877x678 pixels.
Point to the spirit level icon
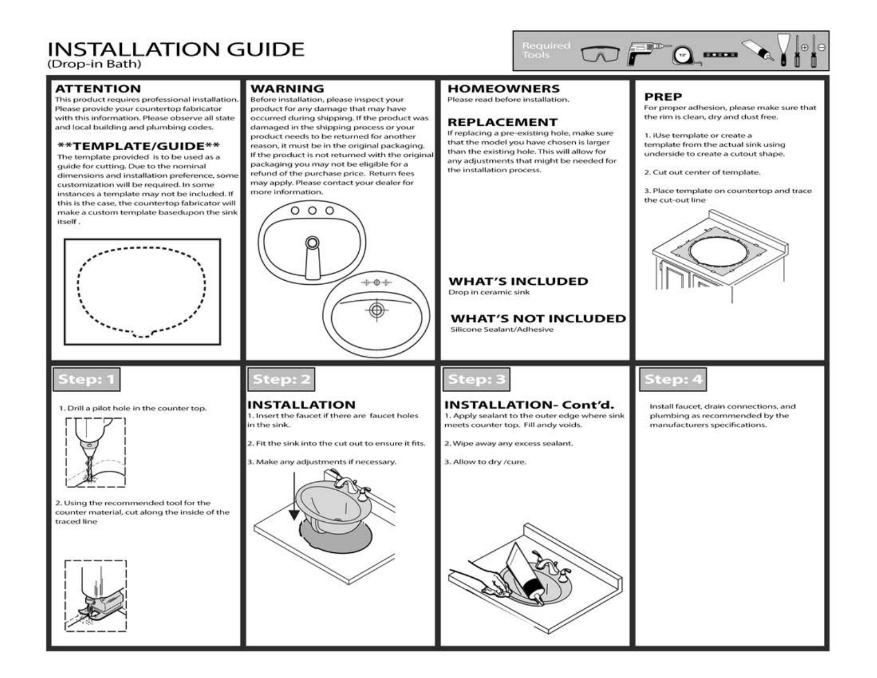(x=720, y=55)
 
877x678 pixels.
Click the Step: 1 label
(x=86, y=379)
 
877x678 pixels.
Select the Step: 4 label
(x=673, y=379)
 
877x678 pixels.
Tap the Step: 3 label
(x=476, y=379)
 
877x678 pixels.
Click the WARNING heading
(x=287, y=89)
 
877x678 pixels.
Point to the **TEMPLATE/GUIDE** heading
(x=138, y=146)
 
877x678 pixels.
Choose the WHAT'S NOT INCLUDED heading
(x=538, y=319)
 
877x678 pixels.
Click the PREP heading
(x=663, y=96)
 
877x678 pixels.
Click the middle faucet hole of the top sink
(x=312, y=210)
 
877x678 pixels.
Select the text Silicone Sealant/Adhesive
(x=502, y=330)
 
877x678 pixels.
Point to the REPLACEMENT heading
(x=502, y=122)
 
